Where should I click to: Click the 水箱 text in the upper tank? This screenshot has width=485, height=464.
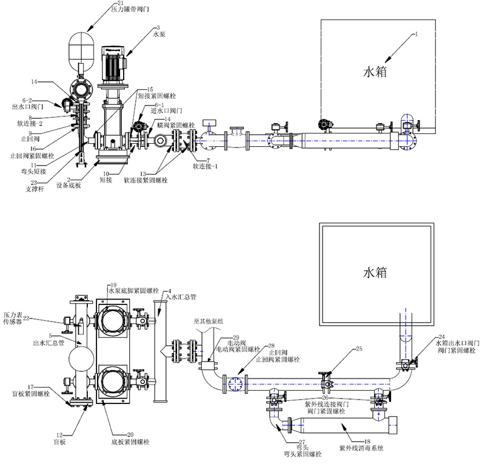[x=375, y=72]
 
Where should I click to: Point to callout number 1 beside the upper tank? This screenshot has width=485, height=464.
[x=416, y=35]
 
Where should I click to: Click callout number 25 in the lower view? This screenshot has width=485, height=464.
[x=358, y=349]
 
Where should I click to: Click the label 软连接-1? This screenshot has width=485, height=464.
[x=205, y=165]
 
